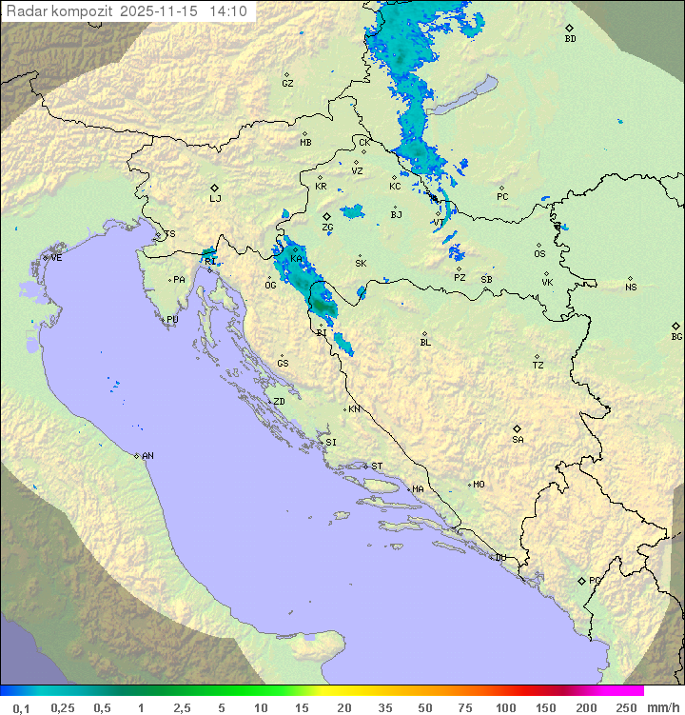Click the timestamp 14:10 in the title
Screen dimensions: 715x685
228,11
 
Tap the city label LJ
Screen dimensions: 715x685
215,198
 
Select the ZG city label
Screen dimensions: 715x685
327,228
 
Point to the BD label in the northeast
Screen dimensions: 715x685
570,39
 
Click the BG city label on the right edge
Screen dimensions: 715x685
676,336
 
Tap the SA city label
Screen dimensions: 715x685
518,439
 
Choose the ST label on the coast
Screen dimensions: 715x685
377,467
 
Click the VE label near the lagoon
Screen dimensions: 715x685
56,258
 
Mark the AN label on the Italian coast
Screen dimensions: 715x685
147,456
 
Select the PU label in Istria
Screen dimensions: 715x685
172,320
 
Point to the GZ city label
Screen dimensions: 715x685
287,83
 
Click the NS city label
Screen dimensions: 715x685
631,288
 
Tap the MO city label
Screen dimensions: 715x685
479,485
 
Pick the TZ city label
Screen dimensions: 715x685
538,365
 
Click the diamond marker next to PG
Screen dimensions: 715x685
581,580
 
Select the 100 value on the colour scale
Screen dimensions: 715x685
505,707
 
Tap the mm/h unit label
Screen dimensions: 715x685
659,707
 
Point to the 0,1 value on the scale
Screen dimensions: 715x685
21,707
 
